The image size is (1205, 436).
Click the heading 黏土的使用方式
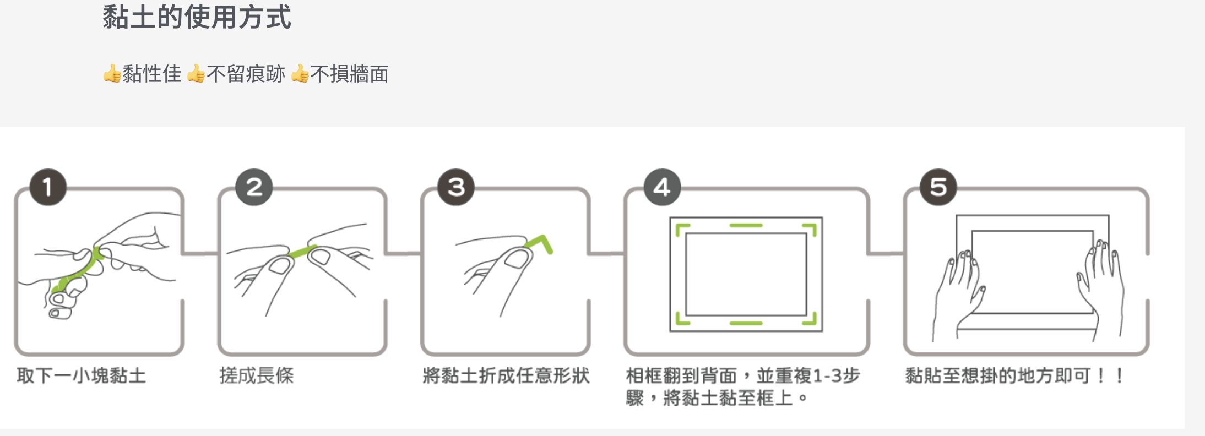[197, 17]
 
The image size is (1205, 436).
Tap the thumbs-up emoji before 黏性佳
[112, 73]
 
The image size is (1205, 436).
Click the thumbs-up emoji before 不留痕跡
[196, 73]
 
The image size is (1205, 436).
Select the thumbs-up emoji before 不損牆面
[300, 73]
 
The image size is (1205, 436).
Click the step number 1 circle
[48, 187]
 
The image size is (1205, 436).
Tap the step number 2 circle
[254, 187]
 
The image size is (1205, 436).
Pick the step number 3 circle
[456, 187]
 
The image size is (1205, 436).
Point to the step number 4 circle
[662, 187]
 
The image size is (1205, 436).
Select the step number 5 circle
[938, 187]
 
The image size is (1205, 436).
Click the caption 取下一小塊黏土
[82, 376]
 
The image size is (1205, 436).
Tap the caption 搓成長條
[257, 376]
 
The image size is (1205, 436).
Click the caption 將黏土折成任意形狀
[506, 376]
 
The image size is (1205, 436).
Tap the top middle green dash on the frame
[746, 225]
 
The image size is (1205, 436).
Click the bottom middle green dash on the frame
[746, 323]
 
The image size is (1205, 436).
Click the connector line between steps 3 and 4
[606, 254]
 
